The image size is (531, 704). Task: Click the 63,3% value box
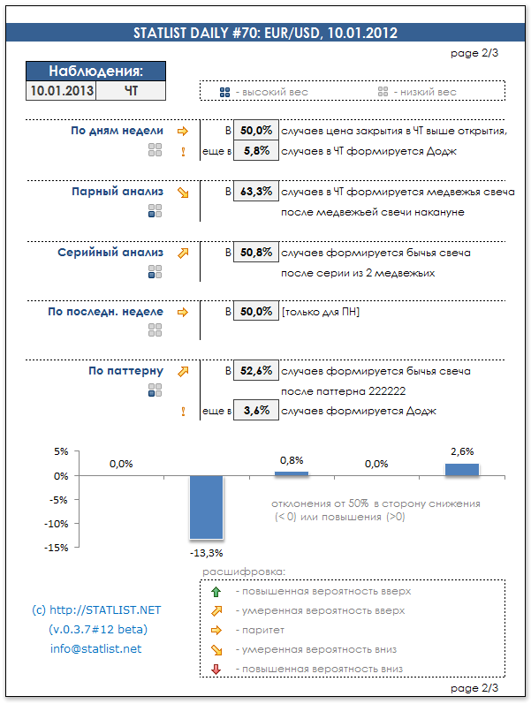[x=255, y=192]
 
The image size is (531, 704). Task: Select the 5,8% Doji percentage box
[x=255, y=151]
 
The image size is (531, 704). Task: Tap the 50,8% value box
[x=255, y=253]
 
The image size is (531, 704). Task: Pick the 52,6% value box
[x=255, y=371]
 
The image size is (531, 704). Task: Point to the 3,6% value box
[x=255, y=411]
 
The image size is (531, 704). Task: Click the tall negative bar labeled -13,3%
[x=207, y=507]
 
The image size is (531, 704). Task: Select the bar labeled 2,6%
[x=462, y=470]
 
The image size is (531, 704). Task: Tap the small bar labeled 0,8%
[x=292, y=473]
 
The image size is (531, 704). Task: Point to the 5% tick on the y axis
[x=60, y=451]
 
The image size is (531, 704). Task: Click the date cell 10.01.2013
[x=61, y=90]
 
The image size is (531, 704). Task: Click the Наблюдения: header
[x=95, y=72]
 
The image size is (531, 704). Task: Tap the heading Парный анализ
[x=118, y=191]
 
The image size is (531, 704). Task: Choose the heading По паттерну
[x=125, y=371]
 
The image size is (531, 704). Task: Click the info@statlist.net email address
[x=95, y=649]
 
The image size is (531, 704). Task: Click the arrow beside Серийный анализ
[x=183, y=253]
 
